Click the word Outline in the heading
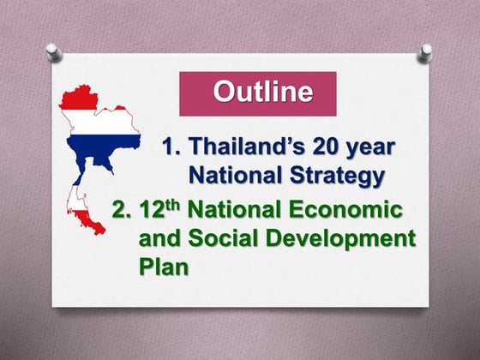point(262,93)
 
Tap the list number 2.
point(122,208)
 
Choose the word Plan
point(163,267)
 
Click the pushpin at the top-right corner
point(424,52)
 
